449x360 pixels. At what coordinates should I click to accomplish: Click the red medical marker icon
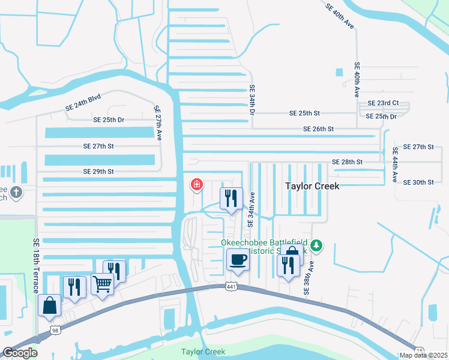(196, 184)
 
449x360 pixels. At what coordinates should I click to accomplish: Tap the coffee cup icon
(238, 259)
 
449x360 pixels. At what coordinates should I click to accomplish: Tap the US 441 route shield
(232, 287)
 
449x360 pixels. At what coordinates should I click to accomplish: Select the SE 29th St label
(98, 172)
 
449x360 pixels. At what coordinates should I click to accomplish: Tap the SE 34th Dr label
(252, 100)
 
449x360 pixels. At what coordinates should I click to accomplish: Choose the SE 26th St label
(318, 129)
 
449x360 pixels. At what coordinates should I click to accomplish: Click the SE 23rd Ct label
(383, 103)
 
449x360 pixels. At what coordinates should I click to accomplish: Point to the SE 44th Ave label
(395, 164)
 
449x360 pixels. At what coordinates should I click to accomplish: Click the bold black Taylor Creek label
(312, 187)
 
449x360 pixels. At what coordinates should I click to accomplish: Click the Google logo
(20, 353)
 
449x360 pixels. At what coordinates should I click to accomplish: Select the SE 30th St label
(418, 182)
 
